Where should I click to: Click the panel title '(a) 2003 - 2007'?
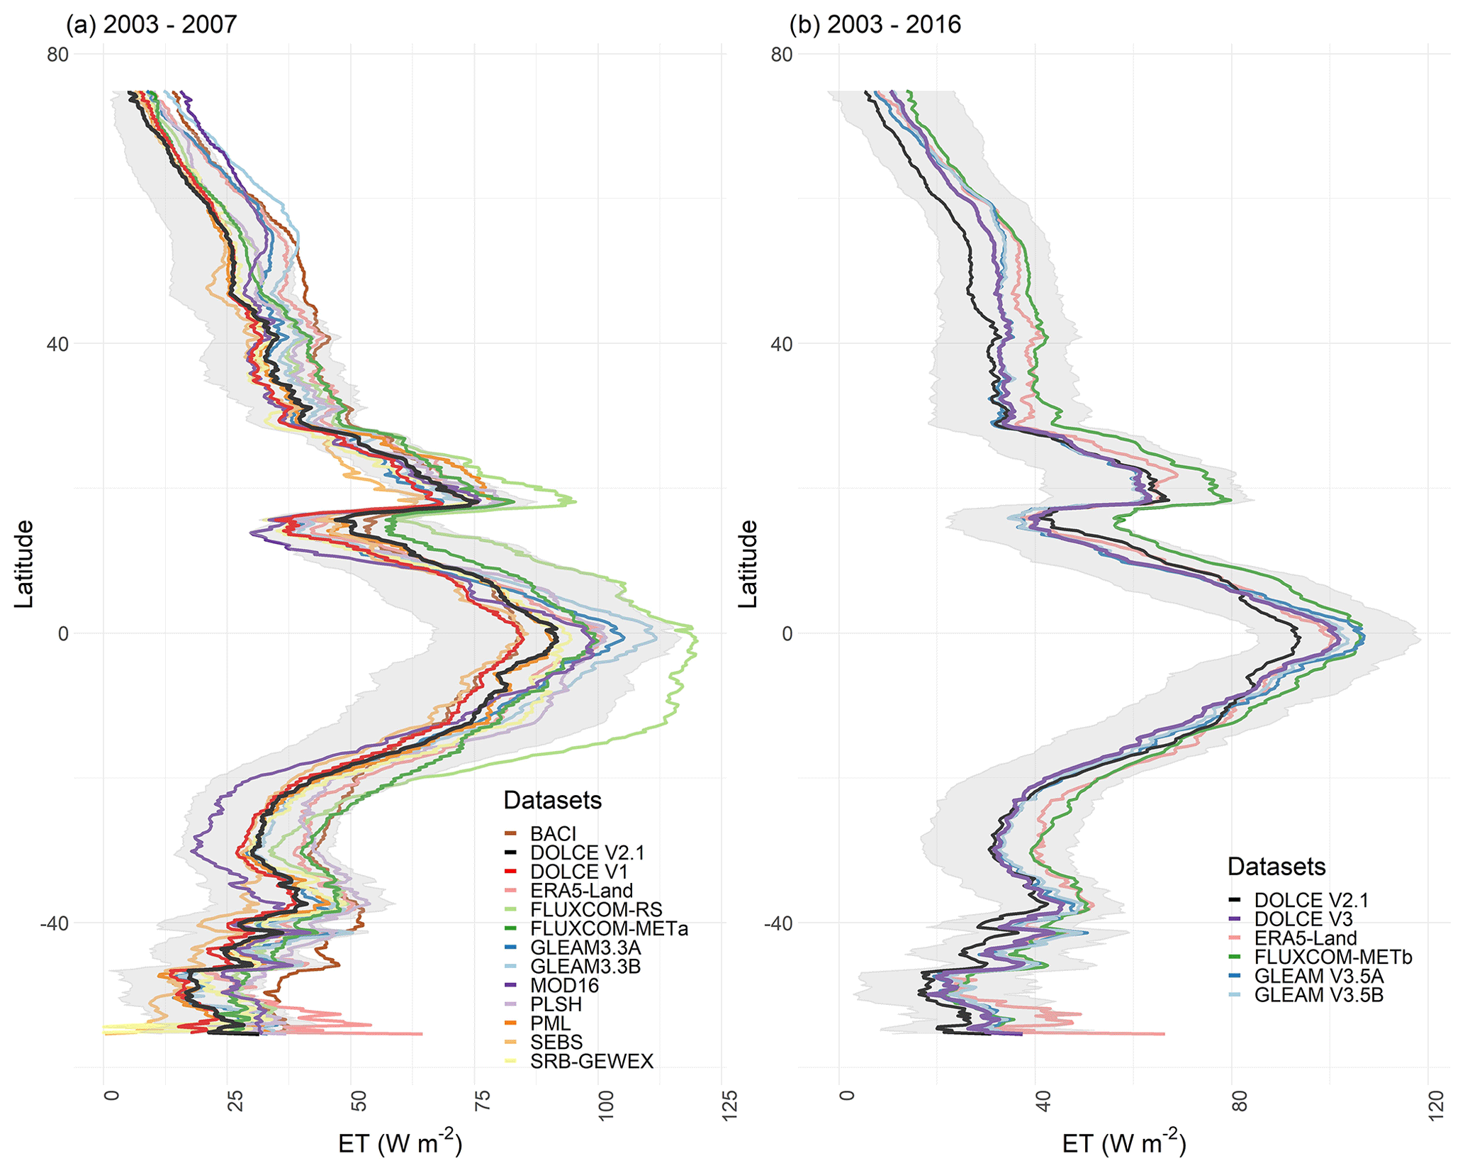(151, 25)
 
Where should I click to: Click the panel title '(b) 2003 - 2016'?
(875, 25)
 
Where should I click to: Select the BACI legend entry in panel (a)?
(553, 834)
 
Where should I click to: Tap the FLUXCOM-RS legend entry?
(596, 910)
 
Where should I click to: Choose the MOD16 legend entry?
(564, 986)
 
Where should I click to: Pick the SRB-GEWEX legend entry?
(591, 1062)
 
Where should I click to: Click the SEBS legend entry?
(556, 1043)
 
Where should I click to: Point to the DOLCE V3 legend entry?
(1303, 919)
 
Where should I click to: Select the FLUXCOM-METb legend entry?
(1332, 957)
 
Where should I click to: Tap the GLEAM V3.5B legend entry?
(1318, 995)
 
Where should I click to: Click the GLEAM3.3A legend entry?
(585, 948)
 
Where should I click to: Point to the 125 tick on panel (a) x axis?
(729, 1105)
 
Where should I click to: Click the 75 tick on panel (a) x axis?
(482, 1105)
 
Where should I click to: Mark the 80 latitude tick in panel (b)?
(781, 55)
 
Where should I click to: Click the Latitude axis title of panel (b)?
(748, 564)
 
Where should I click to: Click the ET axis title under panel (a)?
(400, 1144)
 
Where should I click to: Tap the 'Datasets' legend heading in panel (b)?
(1276, 867)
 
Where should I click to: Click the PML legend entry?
(550, 1023)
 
